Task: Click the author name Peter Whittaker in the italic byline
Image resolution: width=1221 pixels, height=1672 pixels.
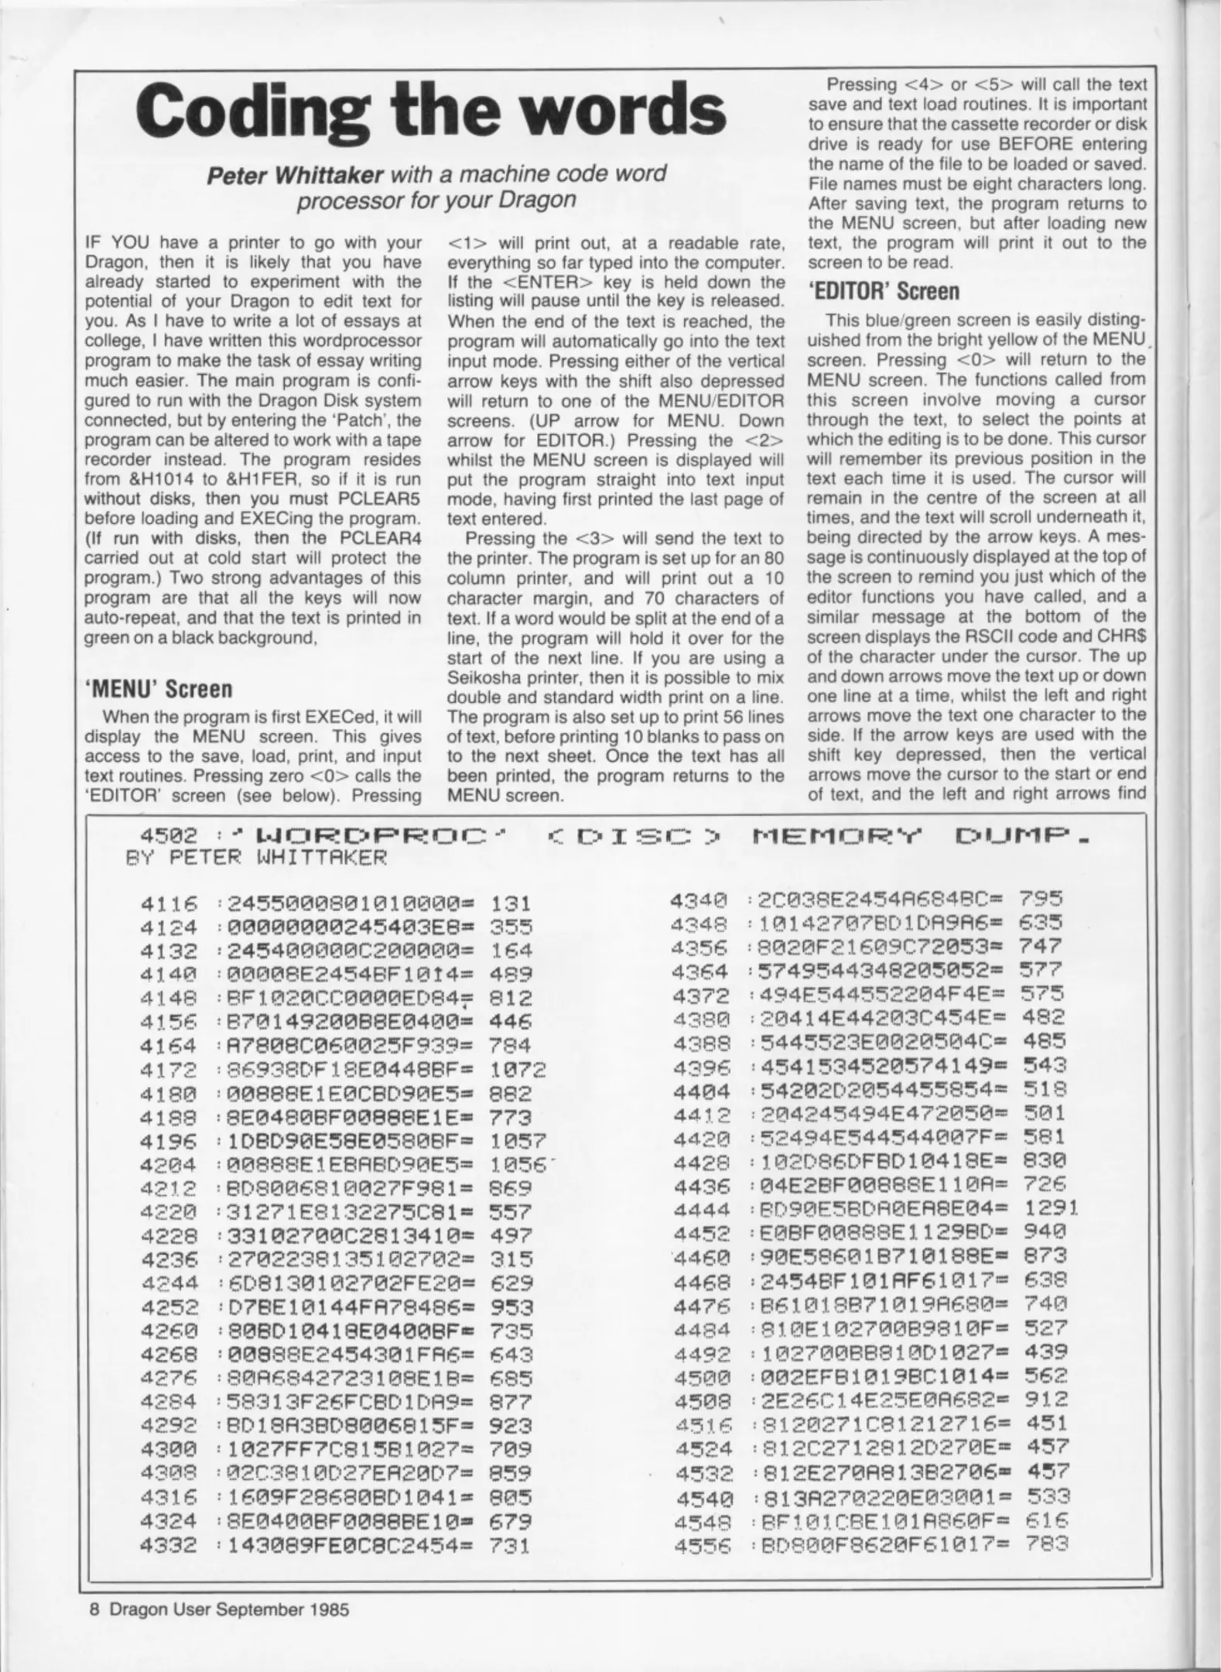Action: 296,174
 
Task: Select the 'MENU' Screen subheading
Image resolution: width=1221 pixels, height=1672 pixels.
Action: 158,688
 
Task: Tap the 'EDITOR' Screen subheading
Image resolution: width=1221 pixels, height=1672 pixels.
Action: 884,291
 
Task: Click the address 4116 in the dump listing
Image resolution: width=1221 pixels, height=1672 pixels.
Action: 169,903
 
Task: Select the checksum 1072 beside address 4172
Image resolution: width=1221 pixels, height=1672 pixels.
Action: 518,1070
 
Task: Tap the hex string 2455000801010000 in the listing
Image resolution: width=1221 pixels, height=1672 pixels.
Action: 349,903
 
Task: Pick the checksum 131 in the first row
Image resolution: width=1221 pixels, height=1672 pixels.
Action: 511,903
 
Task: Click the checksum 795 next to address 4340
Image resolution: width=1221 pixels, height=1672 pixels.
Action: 1041,899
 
